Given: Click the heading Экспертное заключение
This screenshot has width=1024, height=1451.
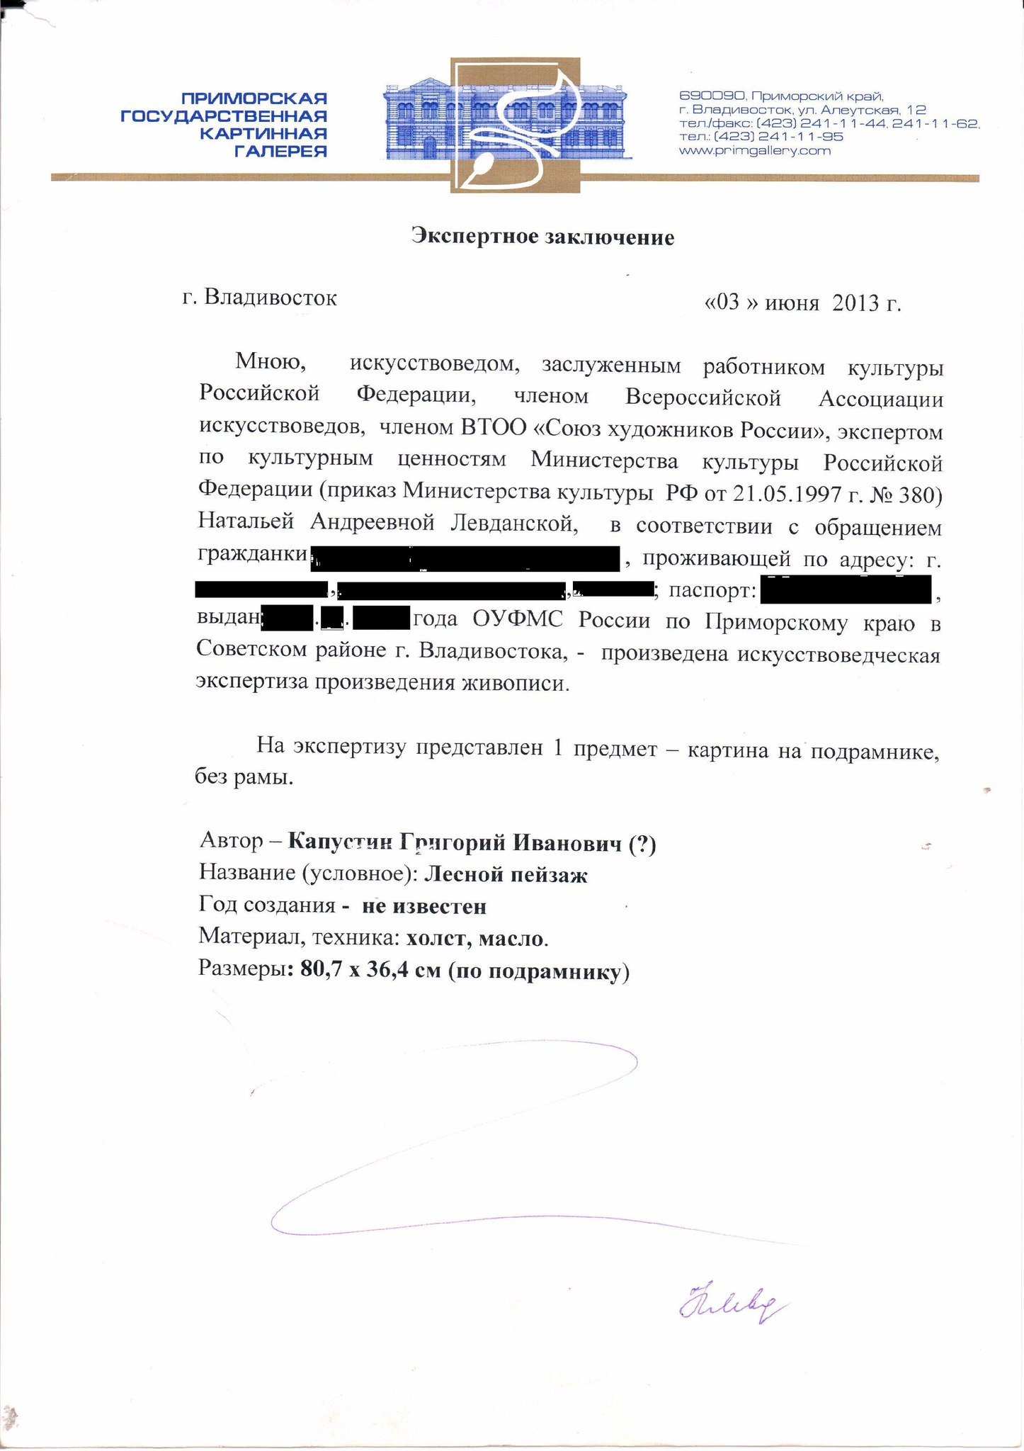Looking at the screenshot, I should click(x=542, y=236).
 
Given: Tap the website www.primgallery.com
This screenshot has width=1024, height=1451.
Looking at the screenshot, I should click(x=754, y=150).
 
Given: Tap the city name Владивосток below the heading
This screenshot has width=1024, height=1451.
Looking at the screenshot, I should click(x=271, y=297).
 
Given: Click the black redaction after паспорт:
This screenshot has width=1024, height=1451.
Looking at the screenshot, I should click(x=846, y=589).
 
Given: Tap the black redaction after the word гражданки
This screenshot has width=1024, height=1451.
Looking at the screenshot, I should click(x=466, y=558).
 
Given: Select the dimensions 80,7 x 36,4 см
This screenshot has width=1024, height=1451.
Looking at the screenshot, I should click(x=370, y=970).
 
